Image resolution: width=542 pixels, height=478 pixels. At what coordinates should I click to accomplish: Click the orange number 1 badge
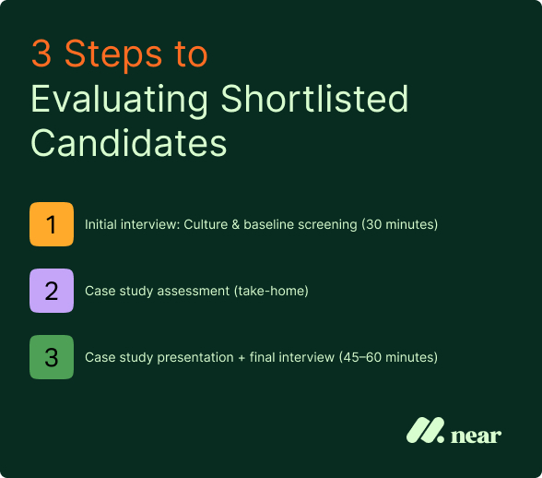tap(52, 225)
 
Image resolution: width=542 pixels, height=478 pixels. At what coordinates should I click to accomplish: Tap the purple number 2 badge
tap(52, 291)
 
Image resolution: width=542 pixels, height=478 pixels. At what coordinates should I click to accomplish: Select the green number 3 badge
tap(52, 356)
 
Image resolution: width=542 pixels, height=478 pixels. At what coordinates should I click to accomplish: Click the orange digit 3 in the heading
tap(41, 55)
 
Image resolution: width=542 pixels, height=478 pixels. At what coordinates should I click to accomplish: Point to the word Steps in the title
tap(112, 55)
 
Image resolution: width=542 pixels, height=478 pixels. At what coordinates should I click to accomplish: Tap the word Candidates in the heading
tap(128, 143)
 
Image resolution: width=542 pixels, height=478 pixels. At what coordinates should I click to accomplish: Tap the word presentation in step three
tap(195, 357)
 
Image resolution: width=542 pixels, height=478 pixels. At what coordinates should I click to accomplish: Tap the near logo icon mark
tap(425, 431)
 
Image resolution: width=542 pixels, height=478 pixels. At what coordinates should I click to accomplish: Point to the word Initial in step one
tap(100, 225)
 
